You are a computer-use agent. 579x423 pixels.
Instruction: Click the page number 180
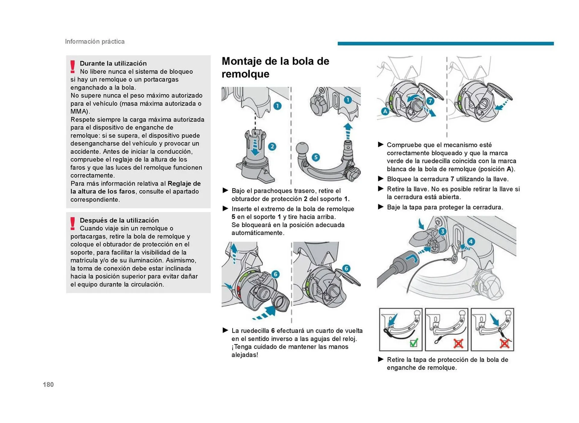(x=48, y=384)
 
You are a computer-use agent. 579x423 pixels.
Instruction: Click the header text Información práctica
(x=95, y=41)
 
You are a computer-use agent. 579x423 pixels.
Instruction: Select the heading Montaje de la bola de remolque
(x=275, y=67)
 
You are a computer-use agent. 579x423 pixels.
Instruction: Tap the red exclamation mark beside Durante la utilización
(x=73, y=67)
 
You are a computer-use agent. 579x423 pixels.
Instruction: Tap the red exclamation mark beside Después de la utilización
(x=73, y=224)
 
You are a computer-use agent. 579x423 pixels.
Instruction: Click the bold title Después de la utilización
(x=119, y=220)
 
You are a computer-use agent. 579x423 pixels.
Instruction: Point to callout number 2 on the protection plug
(x=272, y=147)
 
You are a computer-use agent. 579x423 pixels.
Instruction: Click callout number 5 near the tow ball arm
(x=316, y=157)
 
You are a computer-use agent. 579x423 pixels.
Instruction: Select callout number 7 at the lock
(x=430, y=101)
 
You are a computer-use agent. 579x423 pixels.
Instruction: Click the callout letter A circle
(x=385, y=111)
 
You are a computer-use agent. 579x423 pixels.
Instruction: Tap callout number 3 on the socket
(x=442, y=231)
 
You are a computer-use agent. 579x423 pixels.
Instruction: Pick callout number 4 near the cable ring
(x=471, y=241)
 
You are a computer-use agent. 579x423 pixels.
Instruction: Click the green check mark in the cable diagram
(x=414, y=343)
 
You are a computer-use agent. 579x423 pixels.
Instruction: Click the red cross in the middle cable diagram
(x=458, y=343)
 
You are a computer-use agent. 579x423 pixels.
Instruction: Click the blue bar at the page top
(x=445, y=43)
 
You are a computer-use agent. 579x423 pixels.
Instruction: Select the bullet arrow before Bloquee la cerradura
(x=381, y=179)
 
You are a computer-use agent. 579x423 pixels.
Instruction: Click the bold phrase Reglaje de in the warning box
(x=184, y=183)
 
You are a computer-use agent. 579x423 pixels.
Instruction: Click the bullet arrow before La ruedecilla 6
(x=225, y=330)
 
